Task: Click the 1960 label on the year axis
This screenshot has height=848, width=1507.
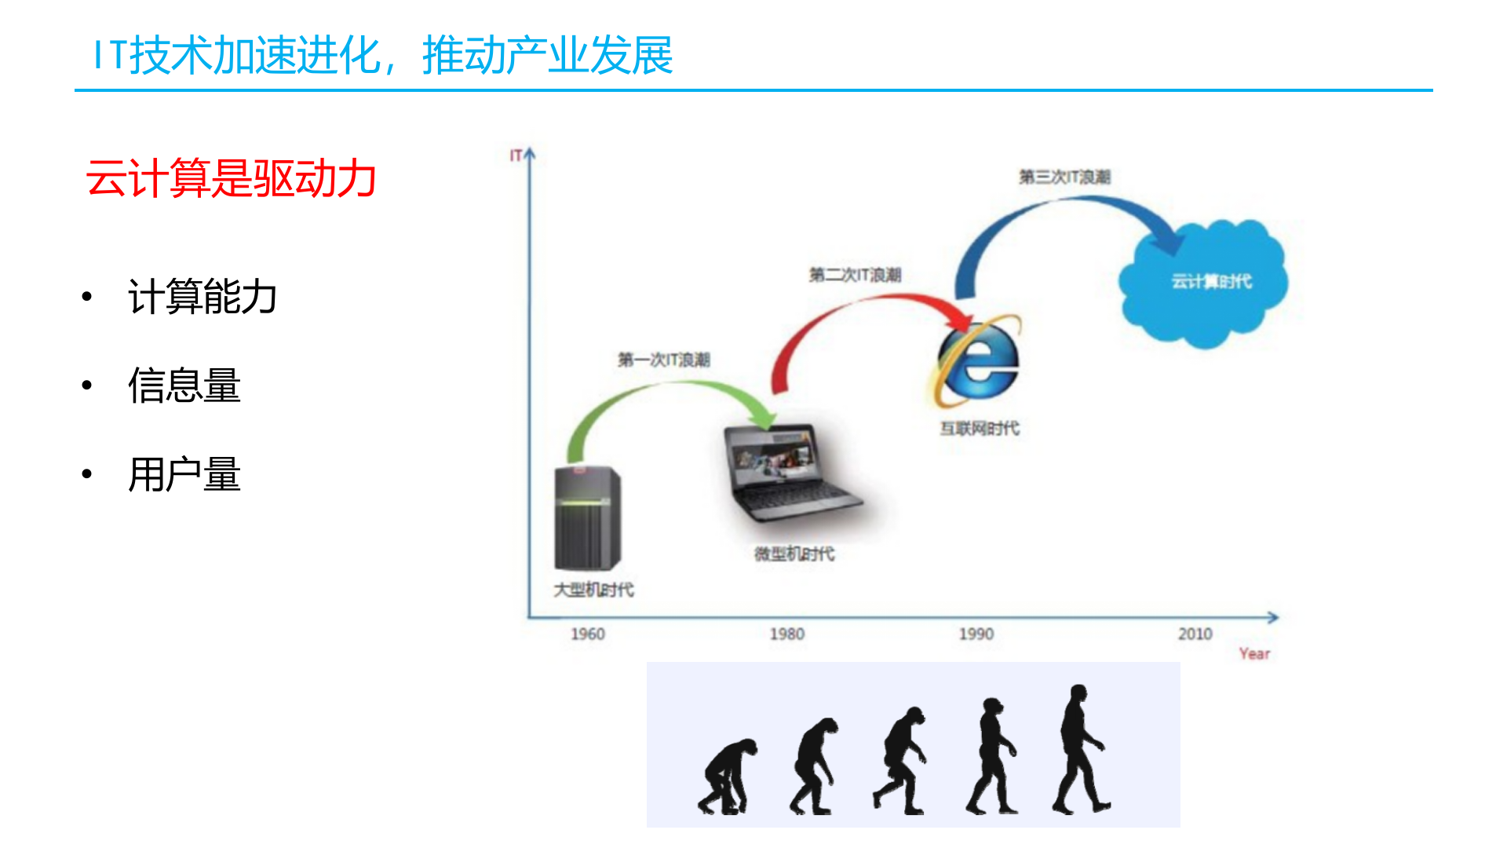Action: pyautogui.click(x=587, y=634)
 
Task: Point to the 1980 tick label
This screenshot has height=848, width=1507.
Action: pyautogui.click(x=786, y=634)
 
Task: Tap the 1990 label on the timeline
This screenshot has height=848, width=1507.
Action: pyautogui.click(x=976, y=634)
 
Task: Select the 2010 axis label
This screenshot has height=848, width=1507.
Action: pyautogui.click(x=1195, y=634)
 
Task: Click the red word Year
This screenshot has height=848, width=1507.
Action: pyautogui.click(x=1253, y=653)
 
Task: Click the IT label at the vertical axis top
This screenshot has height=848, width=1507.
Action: pyautogui.click(x=516, y=155)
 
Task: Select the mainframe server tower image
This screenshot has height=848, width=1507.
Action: pyautogui.click(x=587, y=518)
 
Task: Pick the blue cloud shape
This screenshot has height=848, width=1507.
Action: pyautogui.click(x=1205, y=283)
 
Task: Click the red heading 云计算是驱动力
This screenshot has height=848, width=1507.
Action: pyautogui.click(x=231, y=178)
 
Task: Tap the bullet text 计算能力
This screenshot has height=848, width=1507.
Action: pyautogui.click(x=203, y=297)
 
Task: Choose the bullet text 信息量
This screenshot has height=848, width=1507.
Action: pyautogui.click(x=184, y=386)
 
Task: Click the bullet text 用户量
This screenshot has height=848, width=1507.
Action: pyautogui.click(x=184, y=474)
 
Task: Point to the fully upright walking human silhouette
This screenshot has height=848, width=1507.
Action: pyautogui.click(x=1081, y=750)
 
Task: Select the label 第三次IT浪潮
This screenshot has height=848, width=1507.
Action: pyautogui.click(x=1064, y=177)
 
